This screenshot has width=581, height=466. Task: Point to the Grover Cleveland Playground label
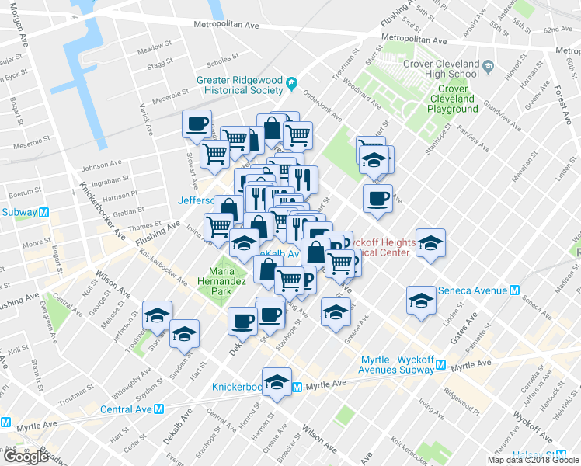point(452,99)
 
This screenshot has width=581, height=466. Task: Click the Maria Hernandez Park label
point(221,281)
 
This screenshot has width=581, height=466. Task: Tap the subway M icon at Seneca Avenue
point(513,290)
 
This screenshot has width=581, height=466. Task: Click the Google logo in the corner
point(26,457)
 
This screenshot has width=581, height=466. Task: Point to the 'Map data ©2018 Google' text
point(532,460)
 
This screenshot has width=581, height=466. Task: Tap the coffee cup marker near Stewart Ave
point(197,123)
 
